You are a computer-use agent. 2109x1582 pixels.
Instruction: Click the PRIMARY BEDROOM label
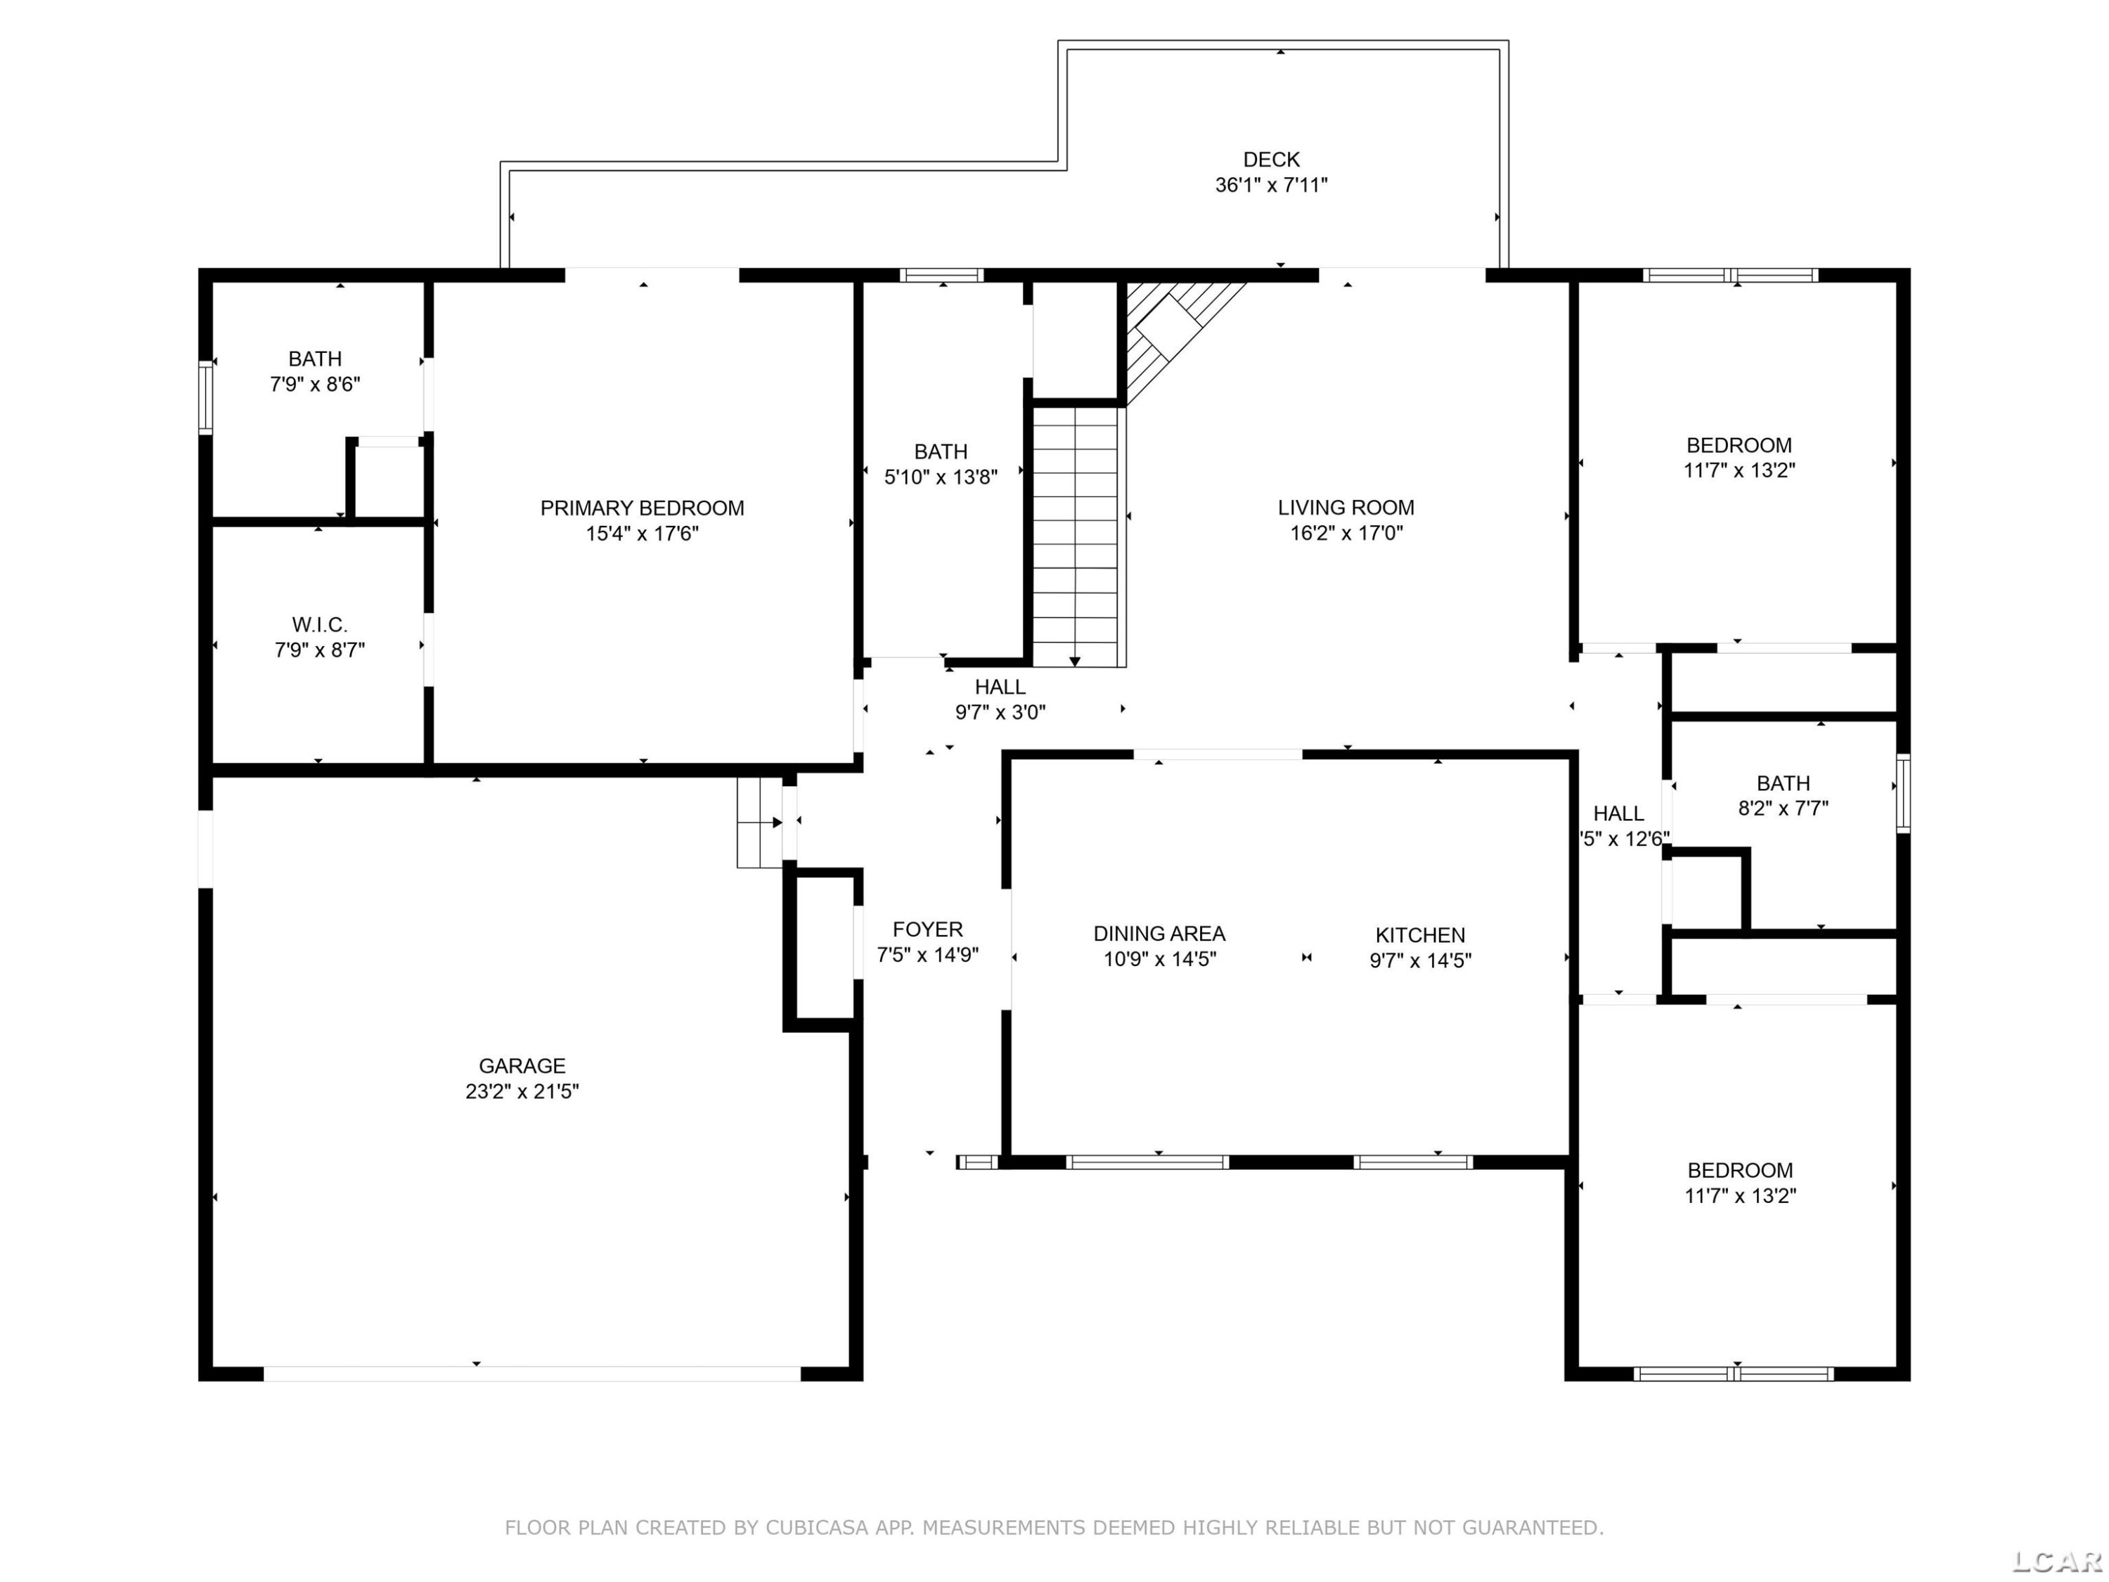[642, 508]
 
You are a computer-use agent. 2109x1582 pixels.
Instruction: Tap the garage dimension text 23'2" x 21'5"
[522, 1092]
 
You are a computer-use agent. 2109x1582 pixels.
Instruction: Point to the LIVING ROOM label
[1346, 508]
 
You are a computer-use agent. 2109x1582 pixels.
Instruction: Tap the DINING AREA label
[1159, 934]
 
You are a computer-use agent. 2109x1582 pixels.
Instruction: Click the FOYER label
[928, 930]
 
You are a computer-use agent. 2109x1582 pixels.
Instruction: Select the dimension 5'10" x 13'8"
[941, 477]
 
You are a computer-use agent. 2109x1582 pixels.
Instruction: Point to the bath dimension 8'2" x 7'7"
[1783, 809]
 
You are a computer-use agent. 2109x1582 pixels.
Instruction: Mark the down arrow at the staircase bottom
[1074, 660]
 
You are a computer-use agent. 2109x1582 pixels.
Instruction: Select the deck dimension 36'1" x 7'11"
[1271, 185]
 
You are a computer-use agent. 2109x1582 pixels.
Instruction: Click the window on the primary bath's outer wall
[205, 397]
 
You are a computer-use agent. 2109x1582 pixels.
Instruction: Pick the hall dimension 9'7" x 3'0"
[1000, 712]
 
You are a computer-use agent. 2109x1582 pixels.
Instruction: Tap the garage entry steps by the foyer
[760, 823]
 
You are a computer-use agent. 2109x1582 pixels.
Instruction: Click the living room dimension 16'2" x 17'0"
[1346, 533]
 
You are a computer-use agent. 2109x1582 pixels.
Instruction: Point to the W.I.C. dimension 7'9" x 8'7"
[319, 650]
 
